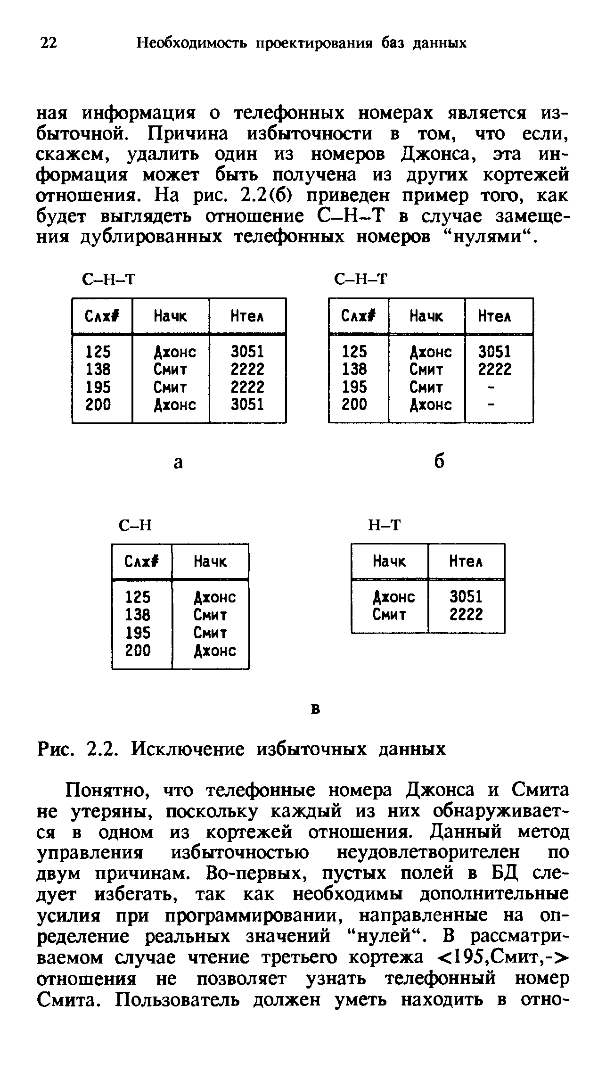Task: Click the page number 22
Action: point(49,43)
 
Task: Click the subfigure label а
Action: point(178,463)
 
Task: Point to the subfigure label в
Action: point(316,709)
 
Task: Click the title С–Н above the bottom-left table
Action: point(136,525)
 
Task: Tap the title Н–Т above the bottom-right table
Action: point(385,525)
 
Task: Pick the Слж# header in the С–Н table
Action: point(142,561)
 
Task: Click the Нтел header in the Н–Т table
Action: point(466,561)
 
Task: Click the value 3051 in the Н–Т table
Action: point(466,597)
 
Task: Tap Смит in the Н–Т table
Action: point(390,615)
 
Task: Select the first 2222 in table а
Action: point(247,369)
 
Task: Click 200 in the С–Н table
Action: point(138,651)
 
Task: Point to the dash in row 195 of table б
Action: point(491,387)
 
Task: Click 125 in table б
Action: point(354,352)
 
